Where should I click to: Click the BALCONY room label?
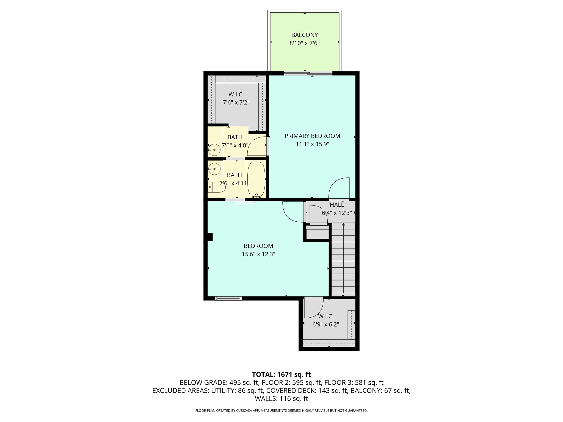coord(304,35)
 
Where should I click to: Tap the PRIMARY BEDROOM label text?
coord(312,136)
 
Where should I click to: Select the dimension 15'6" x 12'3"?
coord(258,254)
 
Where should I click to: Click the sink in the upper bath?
coord(214,150)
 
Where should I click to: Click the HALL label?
coord(337,205)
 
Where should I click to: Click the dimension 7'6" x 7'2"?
coord(236,102)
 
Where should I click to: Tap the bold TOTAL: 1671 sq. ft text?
coord(281,374)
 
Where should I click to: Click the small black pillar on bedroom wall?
coord(210,237)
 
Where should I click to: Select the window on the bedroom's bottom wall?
coord(228,298)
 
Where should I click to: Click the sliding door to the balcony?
coord(308,73)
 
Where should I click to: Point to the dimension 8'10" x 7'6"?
coord(304,43)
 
